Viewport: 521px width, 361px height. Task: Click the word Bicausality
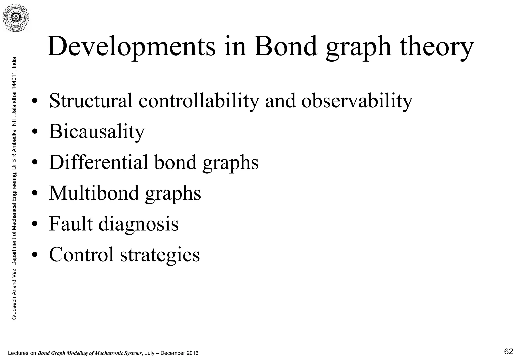click(x=97, y=132)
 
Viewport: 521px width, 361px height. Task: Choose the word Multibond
click(x=94, y=193)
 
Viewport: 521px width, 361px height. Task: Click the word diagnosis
click(x=138, y=224)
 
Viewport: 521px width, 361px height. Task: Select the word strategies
click(x=160, y=255)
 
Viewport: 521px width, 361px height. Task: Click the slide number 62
click(x=509, y=352)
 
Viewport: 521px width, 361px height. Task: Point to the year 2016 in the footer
click(x=192, y=353)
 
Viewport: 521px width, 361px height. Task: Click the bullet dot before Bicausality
click(x=35, y=132)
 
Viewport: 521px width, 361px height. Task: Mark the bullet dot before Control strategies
click(x=35, y=255)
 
